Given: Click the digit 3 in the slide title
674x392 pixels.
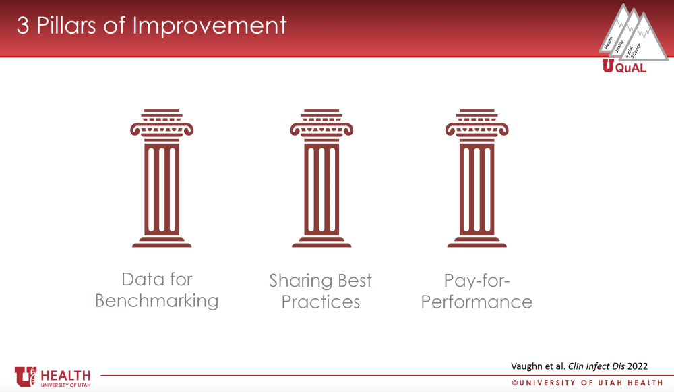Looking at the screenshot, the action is [23, 26].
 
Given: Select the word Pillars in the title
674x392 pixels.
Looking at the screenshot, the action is [66, 26].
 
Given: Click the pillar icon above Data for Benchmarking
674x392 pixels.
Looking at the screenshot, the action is [162, 178].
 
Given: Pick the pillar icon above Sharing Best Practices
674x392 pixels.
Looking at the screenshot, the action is [321, 178].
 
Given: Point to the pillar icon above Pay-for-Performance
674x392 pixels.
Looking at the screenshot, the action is [477, 178].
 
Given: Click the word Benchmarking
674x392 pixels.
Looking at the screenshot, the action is [157, 301].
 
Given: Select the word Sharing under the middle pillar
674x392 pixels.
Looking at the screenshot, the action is [301, 281].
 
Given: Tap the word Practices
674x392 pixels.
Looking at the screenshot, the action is [321, 302].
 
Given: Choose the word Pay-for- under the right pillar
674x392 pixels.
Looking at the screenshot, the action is [477, 281].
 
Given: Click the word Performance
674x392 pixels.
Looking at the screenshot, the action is [477, 302].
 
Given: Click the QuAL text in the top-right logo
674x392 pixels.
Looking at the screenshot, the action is [631, 68].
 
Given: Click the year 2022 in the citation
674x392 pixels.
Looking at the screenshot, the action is [638, 366].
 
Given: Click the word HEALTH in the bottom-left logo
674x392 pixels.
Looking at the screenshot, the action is [66, 376].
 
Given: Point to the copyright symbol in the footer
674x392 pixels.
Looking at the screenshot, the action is [514, 383].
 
